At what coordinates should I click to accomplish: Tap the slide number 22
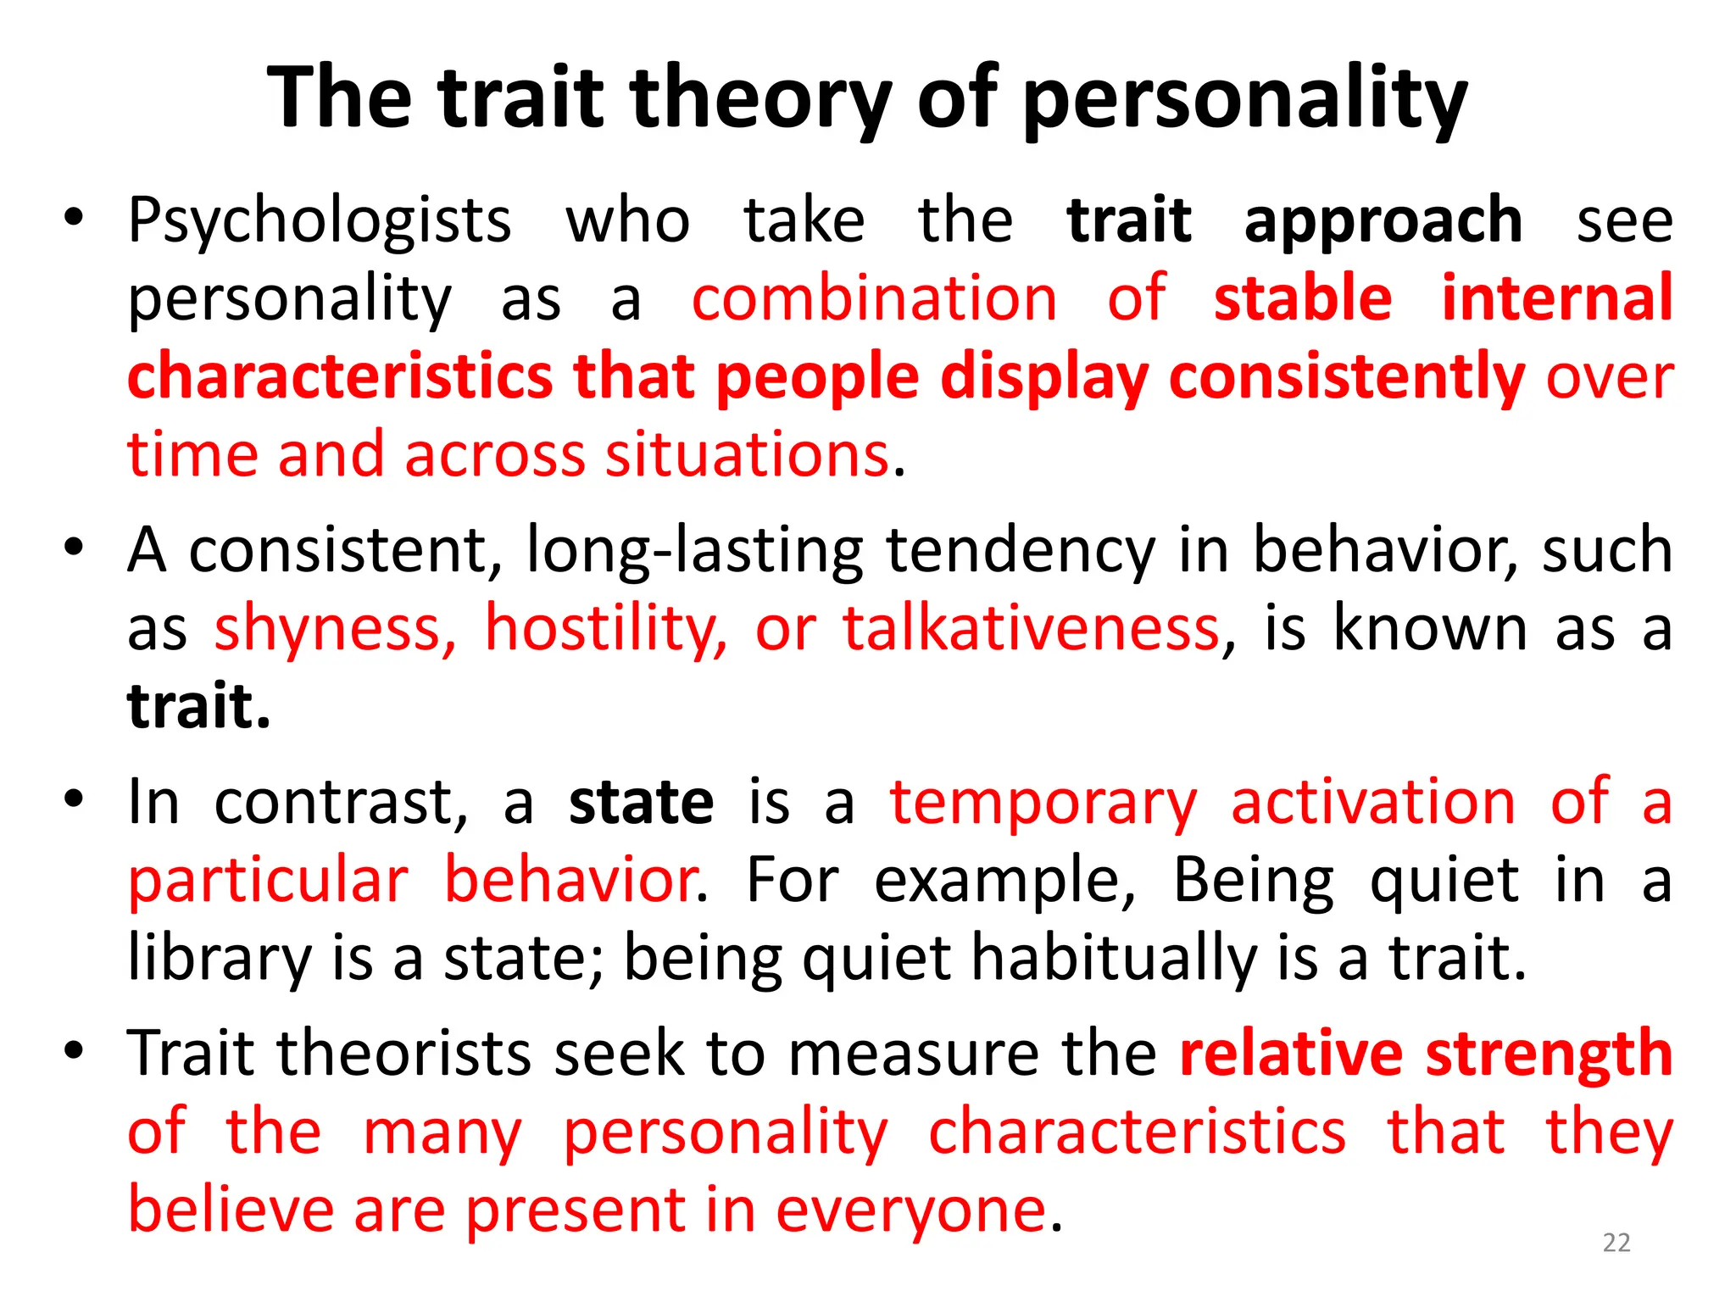1616,1243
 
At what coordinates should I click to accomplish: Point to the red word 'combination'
874,298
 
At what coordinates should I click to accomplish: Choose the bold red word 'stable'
1303,298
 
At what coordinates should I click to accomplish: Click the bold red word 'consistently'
1346,377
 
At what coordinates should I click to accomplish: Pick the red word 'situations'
747,455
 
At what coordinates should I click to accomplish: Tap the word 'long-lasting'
694,551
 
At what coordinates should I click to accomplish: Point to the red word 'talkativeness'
1031,629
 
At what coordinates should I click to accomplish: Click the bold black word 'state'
641,802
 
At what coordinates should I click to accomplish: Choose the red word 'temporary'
1043,802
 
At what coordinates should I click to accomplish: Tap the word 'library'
220,959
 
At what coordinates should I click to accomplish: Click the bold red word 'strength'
1549,1054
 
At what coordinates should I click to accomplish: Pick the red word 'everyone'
911,1210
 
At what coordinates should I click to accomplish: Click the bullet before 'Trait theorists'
74,1051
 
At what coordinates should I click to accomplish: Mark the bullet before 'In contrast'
74,799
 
